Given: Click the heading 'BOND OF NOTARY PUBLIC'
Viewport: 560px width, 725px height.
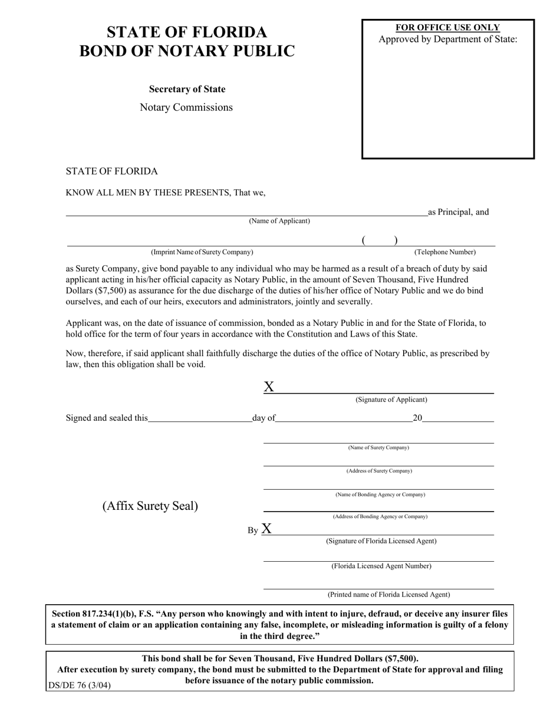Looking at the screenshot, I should point(187,51).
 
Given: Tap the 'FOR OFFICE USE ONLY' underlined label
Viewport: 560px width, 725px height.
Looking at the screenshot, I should point(447,28).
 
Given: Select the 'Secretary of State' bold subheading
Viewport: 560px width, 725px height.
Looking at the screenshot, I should point(187,90).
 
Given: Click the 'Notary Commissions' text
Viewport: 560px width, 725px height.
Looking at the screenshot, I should point(186,107).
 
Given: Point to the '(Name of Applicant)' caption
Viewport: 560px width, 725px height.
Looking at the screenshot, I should point(279,221).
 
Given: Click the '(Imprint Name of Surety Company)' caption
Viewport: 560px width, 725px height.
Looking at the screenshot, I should point(202,252).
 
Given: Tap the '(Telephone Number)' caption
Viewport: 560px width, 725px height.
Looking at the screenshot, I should point(445,252).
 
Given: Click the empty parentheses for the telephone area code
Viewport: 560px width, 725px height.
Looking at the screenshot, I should point(380,240).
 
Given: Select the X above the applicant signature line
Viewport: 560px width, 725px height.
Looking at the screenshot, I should point(269,387).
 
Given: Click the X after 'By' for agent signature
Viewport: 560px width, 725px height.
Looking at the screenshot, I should point(266,528).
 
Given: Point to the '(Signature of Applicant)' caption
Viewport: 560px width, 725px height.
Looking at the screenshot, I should point(391,400).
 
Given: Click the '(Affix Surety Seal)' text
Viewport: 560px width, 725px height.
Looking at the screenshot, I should point(150,506).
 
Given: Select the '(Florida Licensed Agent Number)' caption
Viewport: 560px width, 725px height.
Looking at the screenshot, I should point(381,566).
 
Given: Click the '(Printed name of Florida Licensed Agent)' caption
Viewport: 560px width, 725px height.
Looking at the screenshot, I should point(388,594).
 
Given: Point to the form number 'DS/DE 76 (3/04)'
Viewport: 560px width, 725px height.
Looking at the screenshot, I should point(79,686).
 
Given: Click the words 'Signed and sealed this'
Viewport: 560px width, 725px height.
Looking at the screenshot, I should point(107,418).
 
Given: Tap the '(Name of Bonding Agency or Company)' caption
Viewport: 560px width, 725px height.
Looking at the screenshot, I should point(380,495).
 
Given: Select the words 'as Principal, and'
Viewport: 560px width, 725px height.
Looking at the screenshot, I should point(458,212).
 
